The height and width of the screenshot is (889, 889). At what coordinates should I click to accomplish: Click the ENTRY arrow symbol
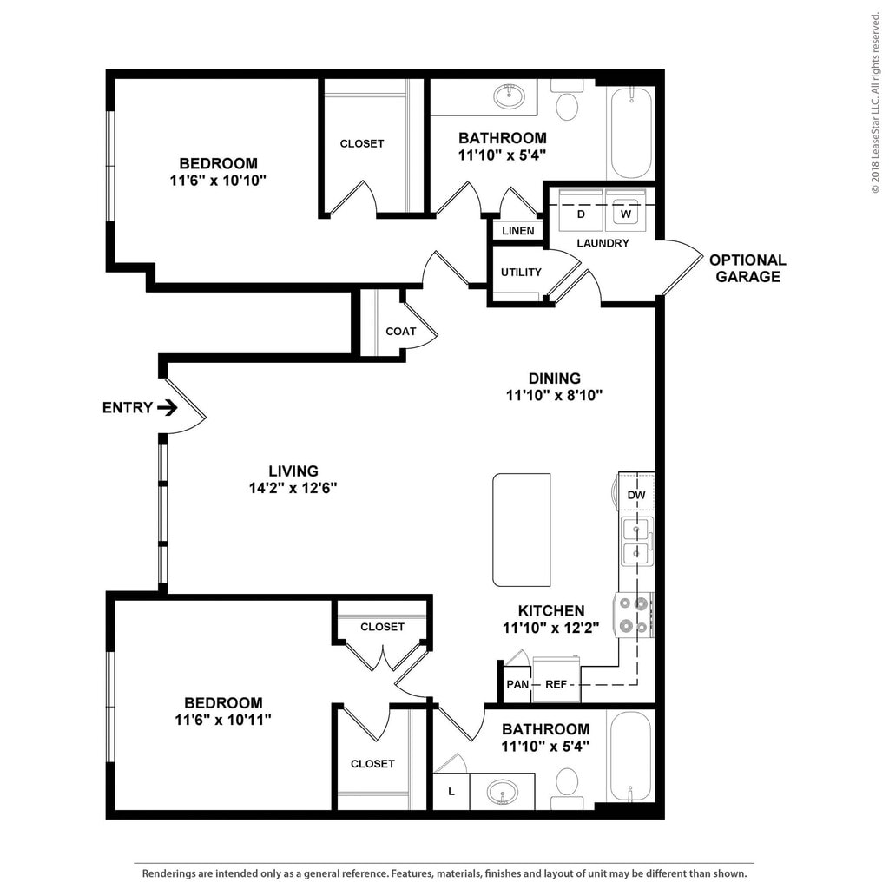168,407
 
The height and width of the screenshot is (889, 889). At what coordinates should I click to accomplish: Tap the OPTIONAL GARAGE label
747,268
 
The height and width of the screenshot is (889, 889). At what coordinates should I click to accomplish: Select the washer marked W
625,210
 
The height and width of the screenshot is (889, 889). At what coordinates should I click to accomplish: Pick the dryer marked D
581,210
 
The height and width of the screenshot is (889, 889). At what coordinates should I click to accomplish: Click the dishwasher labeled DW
636,494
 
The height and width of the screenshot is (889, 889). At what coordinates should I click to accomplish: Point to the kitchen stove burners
634,616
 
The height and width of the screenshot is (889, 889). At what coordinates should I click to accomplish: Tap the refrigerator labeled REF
556,679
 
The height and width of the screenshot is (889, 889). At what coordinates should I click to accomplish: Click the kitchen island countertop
521,530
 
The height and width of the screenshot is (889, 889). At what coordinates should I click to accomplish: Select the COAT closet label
401,331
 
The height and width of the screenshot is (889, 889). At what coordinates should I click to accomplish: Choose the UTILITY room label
521,272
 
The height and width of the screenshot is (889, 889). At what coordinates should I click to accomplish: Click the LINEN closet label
517,231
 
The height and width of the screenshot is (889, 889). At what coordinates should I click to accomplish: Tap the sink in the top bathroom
509,96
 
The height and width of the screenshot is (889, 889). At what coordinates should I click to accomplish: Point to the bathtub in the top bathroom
630,134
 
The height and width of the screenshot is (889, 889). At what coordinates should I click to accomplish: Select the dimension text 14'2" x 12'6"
293,488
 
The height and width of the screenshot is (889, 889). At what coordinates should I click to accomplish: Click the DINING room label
555,379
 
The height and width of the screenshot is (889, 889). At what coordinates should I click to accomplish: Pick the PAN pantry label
517,684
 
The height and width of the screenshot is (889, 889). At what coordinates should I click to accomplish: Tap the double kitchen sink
636,541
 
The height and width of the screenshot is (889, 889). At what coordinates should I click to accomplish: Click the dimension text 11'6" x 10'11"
223,720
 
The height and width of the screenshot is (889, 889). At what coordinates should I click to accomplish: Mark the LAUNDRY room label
603,243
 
